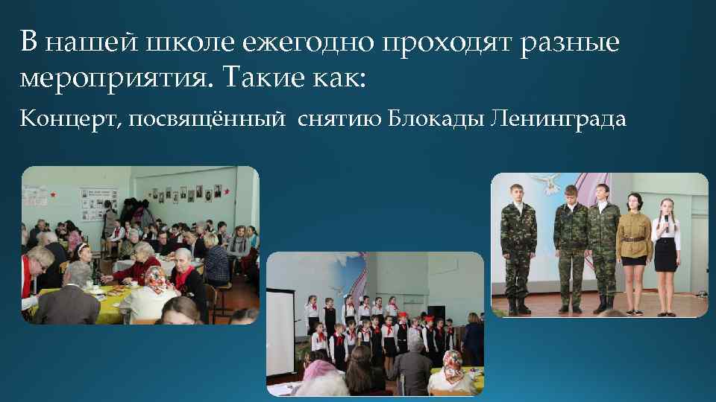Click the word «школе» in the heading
pyautogui.click(x=192, y=42)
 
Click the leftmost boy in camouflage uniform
pyautogui.click(x=514, y=246)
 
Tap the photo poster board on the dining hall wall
pyautogui.click(x=98, y=202)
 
